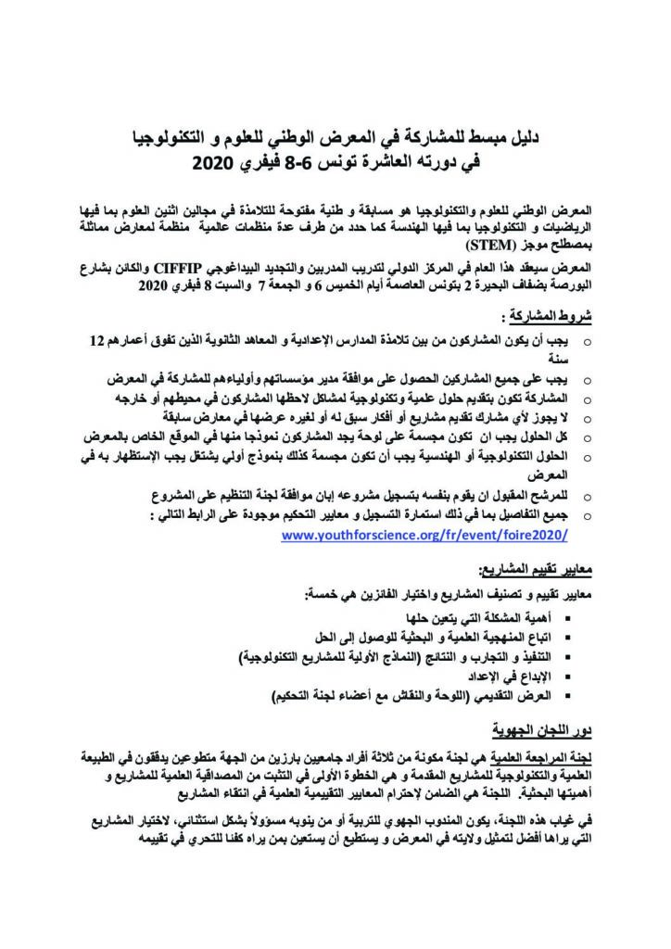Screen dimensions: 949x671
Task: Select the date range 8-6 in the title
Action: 304,167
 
